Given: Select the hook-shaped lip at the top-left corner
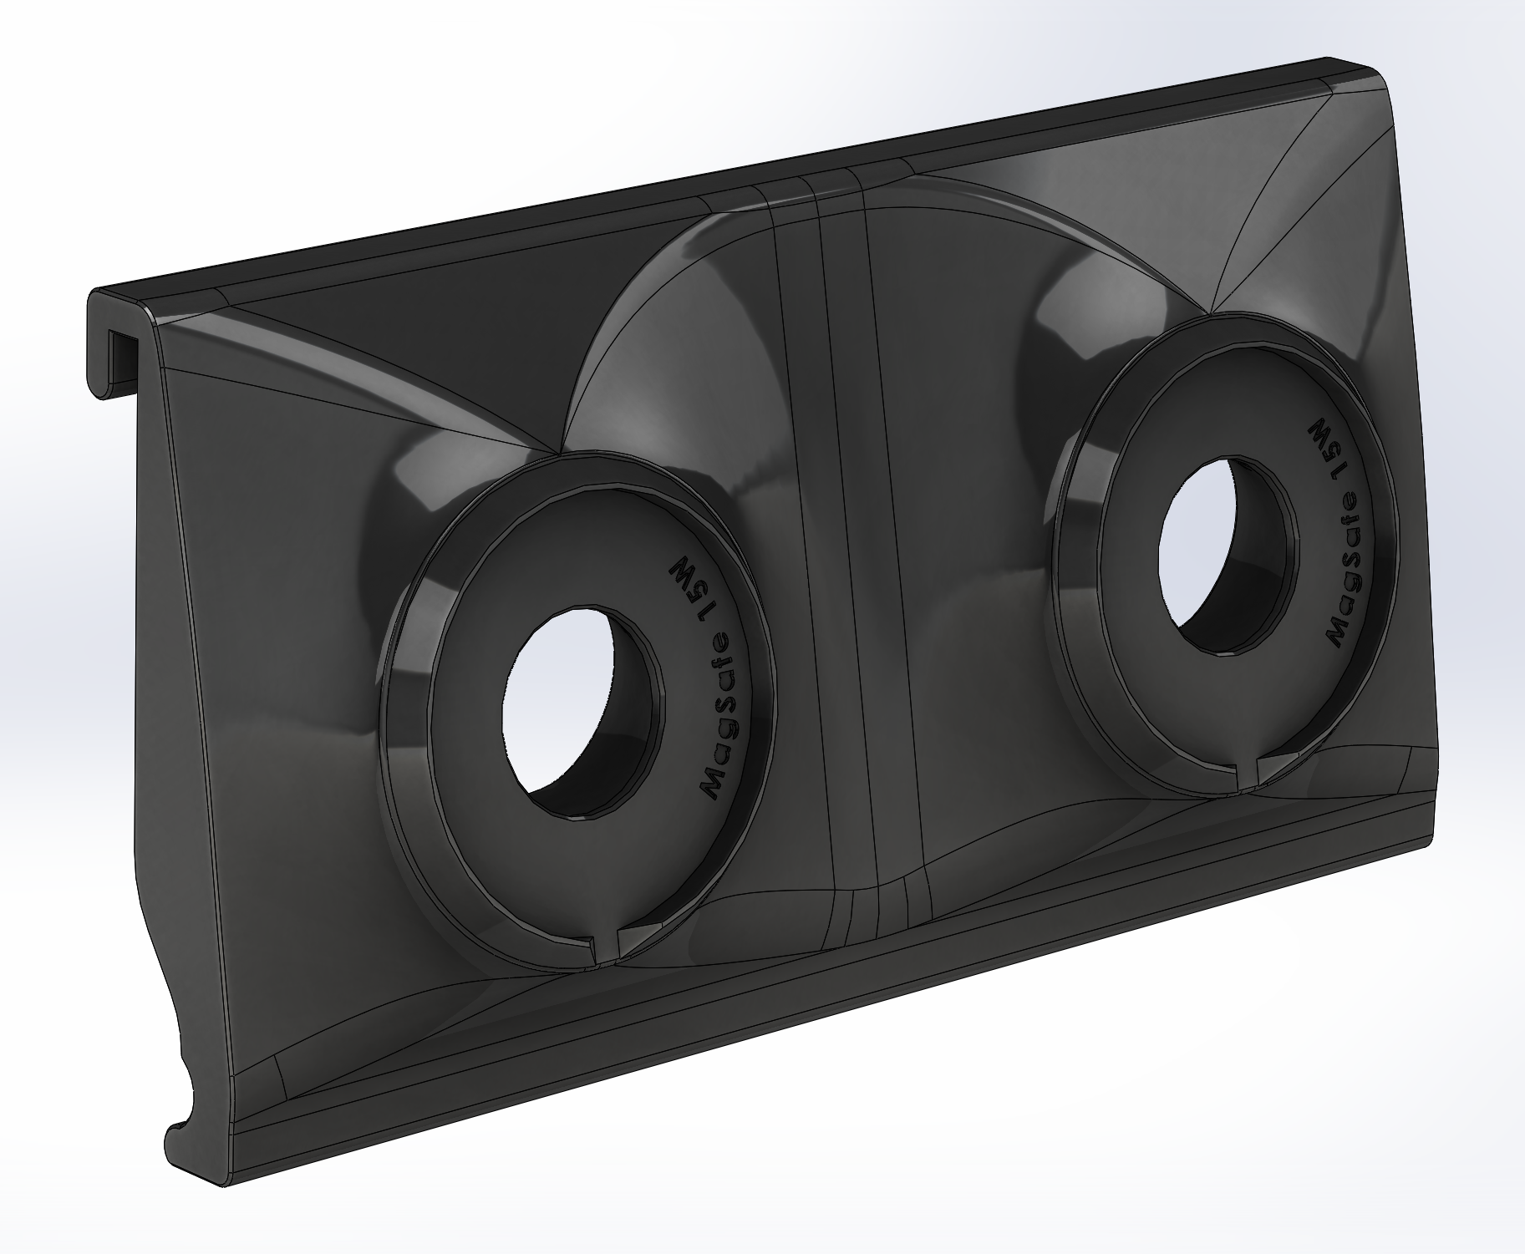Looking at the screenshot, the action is pos(117,334).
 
